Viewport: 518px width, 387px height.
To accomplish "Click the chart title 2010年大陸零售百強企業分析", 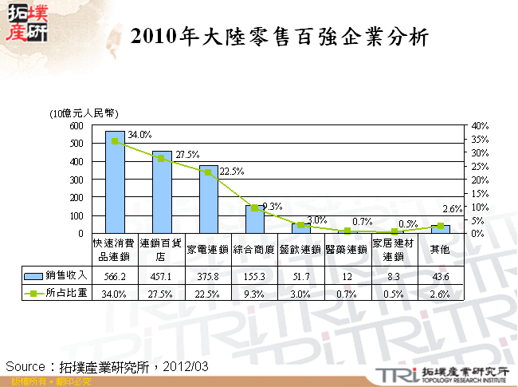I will (x=279, y=38).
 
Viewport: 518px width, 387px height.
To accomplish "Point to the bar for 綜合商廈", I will (x=255, y=219).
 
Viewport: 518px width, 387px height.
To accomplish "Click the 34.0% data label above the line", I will (x=139, y=133).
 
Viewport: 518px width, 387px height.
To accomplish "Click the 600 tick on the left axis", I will (x=77, y=126).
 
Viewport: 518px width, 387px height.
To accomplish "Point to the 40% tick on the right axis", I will (x=481, y=126).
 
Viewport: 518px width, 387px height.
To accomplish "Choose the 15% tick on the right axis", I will (x=481, y=193).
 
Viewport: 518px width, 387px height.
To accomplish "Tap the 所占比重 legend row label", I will (x=65, y=292).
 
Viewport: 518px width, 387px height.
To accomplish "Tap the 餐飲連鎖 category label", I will (x=301, y=249).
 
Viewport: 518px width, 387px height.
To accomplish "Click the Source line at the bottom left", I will (x=107, y=366).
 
